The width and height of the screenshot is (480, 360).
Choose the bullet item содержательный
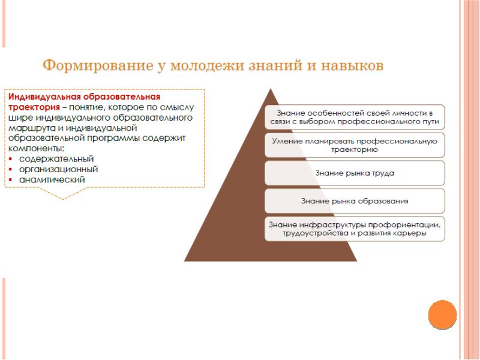[x=56, y=159]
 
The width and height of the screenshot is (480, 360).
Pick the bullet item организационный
[x=59, y=169]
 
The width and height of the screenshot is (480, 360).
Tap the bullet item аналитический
[x=52, y=179]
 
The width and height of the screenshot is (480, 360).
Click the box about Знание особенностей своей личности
[x=355, y=117]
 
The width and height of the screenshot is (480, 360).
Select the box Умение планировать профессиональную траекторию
[x=355, y=145]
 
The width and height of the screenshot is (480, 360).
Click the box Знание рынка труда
[x=355, y=173]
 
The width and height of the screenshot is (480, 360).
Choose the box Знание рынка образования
[x=355, y=200]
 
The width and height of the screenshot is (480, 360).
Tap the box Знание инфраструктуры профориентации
[x=355, y=229]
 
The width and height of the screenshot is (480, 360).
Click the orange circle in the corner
[x=443, y=314]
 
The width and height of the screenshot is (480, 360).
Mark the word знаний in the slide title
[x=275, y=65]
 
